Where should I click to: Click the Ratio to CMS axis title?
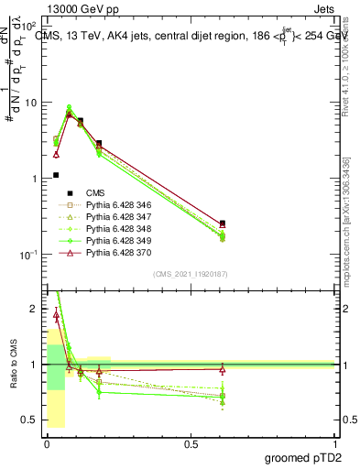click(x=14, y=365)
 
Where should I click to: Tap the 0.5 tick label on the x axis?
click(x=191, y=443)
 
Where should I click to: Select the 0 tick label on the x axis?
click(x=46, y=443)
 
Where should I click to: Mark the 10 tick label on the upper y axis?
click(x=32, y=103)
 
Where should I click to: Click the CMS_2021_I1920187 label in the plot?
click(x=191, y=274)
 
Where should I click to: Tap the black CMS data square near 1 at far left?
click(x=56, y=175)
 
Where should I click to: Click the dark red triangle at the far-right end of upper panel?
click(x=223, y=224)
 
